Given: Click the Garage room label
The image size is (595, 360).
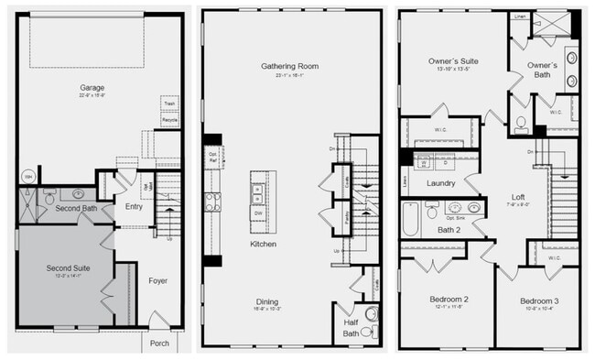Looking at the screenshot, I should pyautogui.click(x=92, y=88).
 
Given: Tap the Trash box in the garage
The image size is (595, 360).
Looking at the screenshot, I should pyautogui.click(x=170, y=104).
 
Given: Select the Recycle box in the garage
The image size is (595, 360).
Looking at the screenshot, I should pyautogui.click(x=170, y=120).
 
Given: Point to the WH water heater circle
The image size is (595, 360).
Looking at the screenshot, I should pyautogui.click(x=27, y=177).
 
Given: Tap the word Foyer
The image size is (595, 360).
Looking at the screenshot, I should pyautogui.click(x=157, y=281).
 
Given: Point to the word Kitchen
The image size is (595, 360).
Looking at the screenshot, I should pyautogui.click(x=265, y=245).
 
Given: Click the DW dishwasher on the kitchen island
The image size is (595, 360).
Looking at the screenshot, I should pyautogui.click(x=257, y=213).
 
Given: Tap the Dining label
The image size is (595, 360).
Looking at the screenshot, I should pyautogui.click(x=267, y=301).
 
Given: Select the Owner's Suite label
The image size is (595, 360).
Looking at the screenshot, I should pyautogui.click(x=453, y=62).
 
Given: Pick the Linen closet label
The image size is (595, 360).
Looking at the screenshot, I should pyautogui.click(x=520, y=16).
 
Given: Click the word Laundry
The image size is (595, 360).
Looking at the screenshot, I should pyautogui.click(x=440, y=183).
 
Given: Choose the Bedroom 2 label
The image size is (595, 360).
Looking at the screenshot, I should pyautogui.click(x=449, y=300).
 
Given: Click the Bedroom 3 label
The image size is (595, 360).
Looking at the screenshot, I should pyautogui.click(x=538, y=301).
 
